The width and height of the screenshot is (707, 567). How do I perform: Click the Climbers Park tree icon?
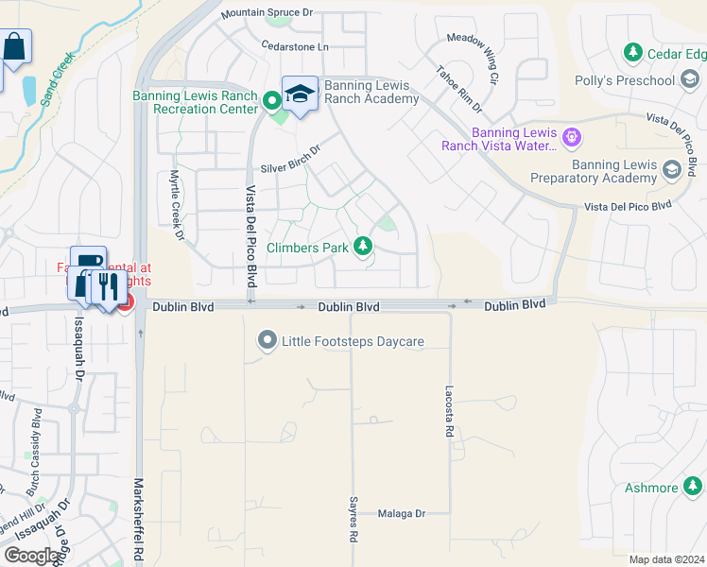pyautogui.click(x=362, y=247)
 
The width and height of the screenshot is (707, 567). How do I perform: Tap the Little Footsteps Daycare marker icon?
pyautogui.click(x=268, y=341)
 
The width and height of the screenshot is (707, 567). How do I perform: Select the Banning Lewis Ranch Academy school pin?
pyautogui.click(x=300, y=94)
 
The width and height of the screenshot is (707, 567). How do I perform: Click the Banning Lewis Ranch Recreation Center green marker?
pyautogui.click(x=271, y=98)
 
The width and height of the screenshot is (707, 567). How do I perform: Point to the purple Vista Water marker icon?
pyautogui.click(x=571, y=139)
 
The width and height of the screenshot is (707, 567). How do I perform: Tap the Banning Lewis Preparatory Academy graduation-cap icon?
pyautogui.click(x=672, y=170)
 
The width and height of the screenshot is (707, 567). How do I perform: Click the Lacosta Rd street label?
pyautogui.click(x=449, y=410)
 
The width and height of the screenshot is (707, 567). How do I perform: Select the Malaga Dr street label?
pyautogui.click(x=402, y=513)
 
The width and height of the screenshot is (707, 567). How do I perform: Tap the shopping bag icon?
pyautogui.click(x=16, y=46)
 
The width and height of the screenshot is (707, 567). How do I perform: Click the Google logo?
pyautogui.click(x=33, y=556)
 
